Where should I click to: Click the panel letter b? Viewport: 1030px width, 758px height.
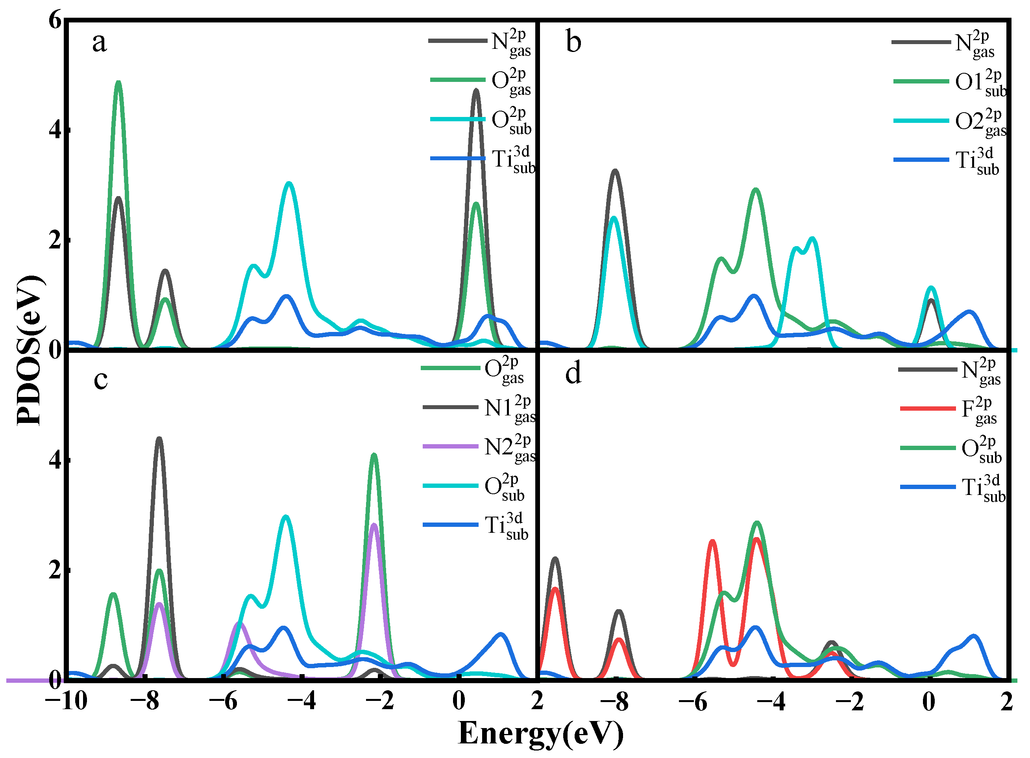click(x=573, y=42)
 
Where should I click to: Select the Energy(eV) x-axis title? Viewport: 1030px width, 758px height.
click(x=541, y=733)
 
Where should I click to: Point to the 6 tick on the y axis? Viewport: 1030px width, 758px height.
click(x=55, y=20)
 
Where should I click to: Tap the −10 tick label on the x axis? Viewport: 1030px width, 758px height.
click(x=66, y=701)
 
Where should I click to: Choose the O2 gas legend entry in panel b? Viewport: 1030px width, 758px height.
click(x=949, y=121)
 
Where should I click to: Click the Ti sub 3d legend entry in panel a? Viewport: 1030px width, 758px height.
click(x=481, y=159)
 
